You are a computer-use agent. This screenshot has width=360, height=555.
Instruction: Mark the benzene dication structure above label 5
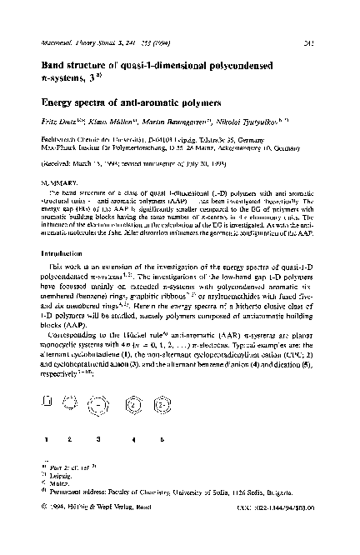point(157,405)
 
